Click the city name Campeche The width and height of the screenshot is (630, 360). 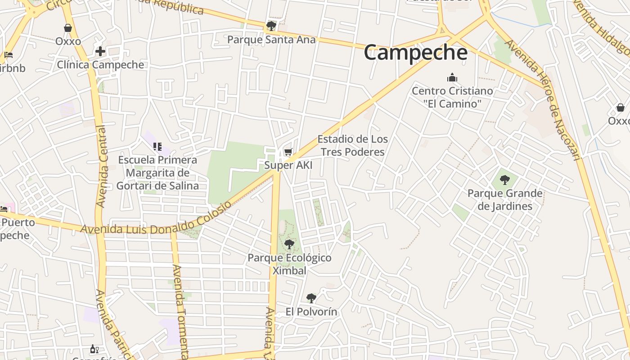tap(415, 53)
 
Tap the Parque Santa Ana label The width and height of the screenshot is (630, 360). tap(271, 40)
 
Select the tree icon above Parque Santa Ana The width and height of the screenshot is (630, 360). tap(271, 26)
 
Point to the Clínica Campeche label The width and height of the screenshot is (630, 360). tap(100, 64)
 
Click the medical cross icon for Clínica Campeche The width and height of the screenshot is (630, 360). tap(100, 51)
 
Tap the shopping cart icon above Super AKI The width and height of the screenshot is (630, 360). tap(288, 152)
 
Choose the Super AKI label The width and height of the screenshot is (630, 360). tap(288, 165)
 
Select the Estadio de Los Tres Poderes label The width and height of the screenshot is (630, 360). tap(353, 145)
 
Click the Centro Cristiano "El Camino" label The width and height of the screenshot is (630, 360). tap(452, 97)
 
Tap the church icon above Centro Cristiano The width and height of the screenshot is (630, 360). tap(452, 77)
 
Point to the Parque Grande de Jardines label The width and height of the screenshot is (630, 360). tap(505, 200)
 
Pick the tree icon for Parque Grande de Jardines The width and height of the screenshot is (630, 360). tap(505, 180)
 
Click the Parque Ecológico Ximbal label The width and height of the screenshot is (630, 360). tap(289, 264)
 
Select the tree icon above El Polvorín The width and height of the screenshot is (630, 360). tap(311, 298)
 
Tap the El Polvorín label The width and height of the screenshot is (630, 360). tap(311, 311)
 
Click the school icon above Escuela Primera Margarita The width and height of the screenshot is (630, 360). tap(157, 146)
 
